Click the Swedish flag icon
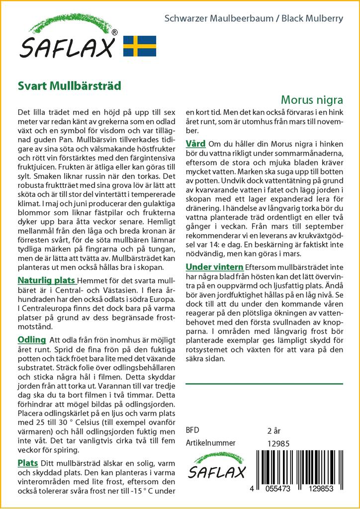140,46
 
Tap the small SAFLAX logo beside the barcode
216,467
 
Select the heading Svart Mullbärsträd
69,85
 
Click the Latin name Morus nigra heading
311,99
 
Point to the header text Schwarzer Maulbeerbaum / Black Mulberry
254,19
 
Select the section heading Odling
31,339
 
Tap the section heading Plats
28,463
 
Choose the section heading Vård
195,144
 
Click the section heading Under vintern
214,267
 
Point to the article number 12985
278,443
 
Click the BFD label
192,430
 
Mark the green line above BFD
264,384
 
